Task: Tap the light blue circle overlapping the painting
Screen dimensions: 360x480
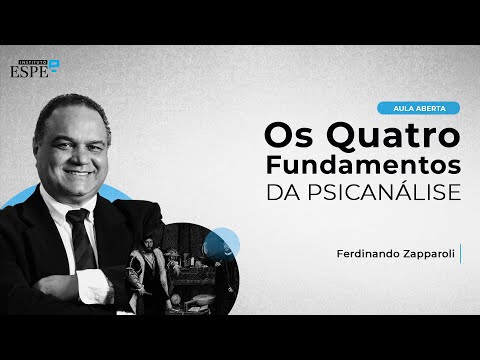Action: pyautogui.click(x=223, y=243)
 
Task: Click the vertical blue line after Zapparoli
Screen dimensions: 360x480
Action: pyautogui.click(x=461, y=254)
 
